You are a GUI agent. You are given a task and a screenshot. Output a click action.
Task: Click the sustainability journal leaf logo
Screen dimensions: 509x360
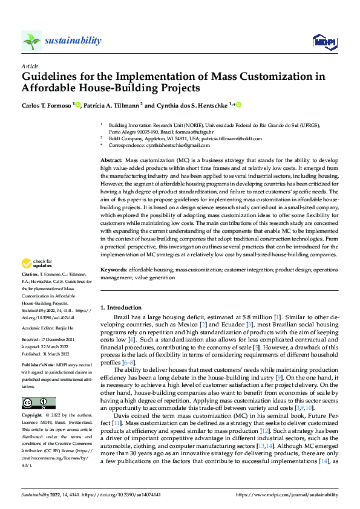pyautogui.click(x=31, y=41)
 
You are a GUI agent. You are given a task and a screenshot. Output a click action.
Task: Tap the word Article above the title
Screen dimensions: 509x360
pyautogui.click(x=30, y=66)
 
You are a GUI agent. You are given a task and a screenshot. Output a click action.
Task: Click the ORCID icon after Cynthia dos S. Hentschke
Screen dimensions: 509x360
pyautogui.click(x=238, y=105)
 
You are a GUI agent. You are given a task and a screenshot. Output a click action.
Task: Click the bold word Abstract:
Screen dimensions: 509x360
pyautogui.click(x=111, y=158)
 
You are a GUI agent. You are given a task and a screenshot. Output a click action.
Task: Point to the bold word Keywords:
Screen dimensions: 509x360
pyautogui.click(x=113, y=270)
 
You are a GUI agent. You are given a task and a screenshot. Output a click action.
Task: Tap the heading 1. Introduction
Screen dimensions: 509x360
pyautogui.click(x=120, y=307)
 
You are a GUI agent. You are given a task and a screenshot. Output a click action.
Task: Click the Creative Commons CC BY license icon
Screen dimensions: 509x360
pyautogui.click(x=38, y=403)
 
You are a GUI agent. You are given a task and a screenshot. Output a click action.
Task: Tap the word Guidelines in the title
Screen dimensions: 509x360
pyautogui.click(x=51, y=77)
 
